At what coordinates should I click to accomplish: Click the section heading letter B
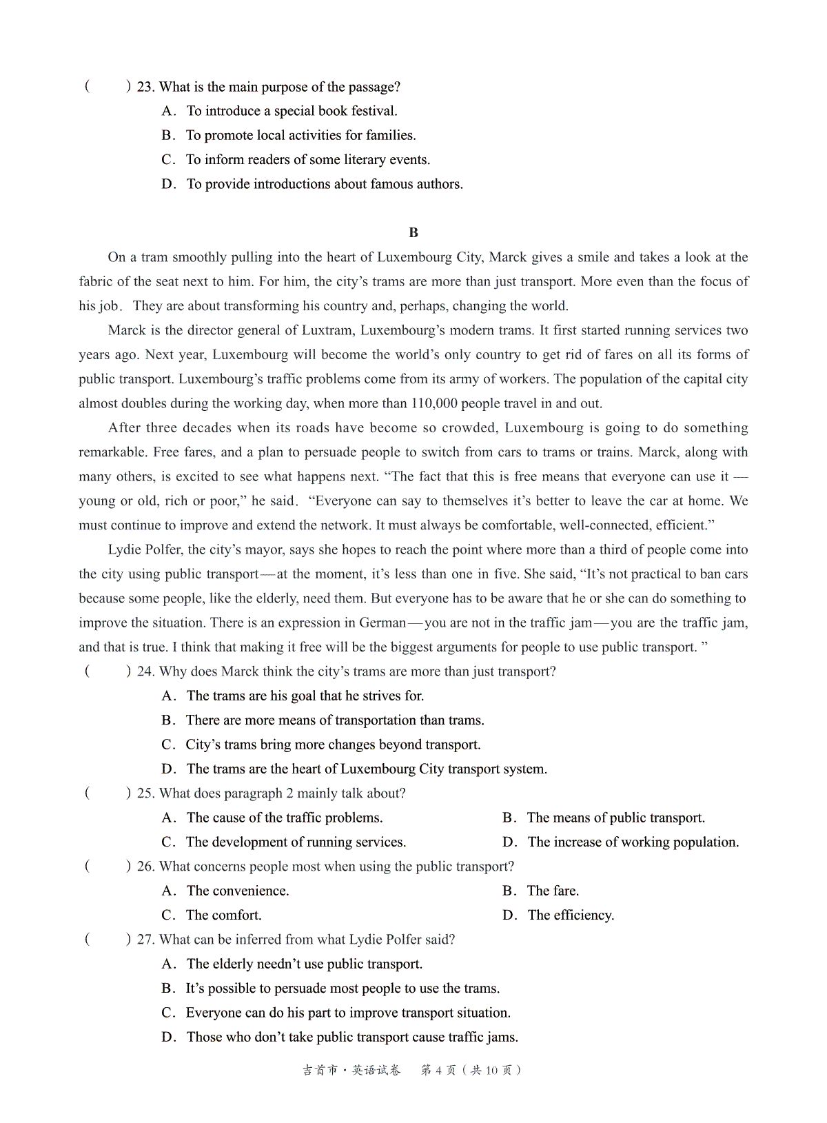click(413, 233)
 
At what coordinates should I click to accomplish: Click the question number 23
click(145, 87)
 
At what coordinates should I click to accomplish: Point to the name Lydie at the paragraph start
click(124, 549)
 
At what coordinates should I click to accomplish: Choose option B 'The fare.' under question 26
click(553, 891)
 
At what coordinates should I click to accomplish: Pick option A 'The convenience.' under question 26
click(238, 891)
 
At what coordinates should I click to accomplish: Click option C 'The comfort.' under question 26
click(224, 915)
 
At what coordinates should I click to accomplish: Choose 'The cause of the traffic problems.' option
click(284, 818)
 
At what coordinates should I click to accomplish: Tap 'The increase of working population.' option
click(633, 842)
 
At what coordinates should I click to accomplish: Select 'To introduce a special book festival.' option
click(292, 111)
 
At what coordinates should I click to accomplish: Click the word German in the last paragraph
click(382, 623)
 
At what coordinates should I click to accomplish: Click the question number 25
click(145, 793)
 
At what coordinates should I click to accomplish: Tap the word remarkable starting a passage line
click(112, 452)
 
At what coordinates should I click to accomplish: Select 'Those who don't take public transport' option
click(352, 1037)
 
